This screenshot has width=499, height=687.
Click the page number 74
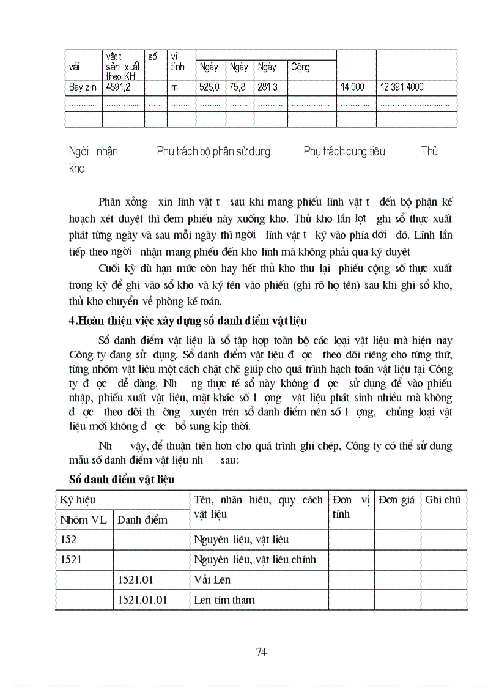point(261,652)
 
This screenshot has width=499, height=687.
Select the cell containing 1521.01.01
point(142,600)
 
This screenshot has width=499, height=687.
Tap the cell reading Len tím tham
point(224,600)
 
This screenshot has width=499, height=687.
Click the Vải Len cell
point(212,579)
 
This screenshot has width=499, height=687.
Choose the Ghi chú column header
point(443,500)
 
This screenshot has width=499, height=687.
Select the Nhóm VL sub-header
point(83,520)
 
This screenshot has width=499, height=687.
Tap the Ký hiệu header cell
point(77,500)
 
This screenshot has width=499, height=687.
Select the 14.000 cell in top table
point(352,87)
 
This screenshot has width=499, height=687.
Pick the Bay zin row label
point(83,87)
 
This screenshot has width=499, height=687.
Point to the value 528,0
point(209,87)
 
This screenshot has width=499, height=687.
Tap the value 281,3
point(267,87)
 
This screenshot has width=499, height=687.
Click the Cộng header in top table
point(300,67)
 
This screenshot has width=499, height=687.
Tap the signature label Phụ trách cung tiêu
point(344,151)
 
